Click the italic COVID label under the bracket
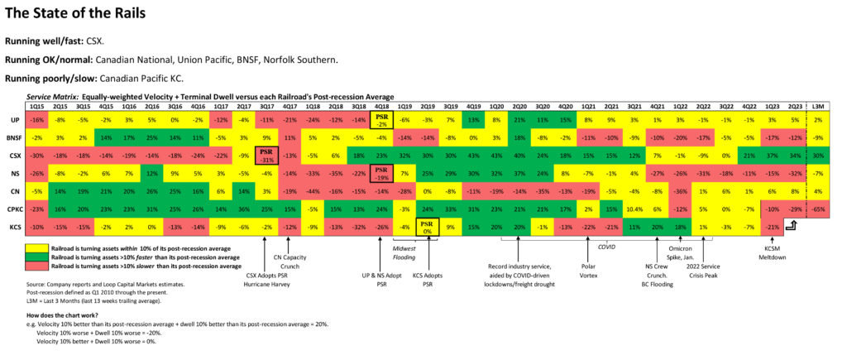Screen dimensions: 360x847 [606, 246]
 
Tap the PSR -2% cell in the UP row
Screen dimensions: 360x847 [382, 120]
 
